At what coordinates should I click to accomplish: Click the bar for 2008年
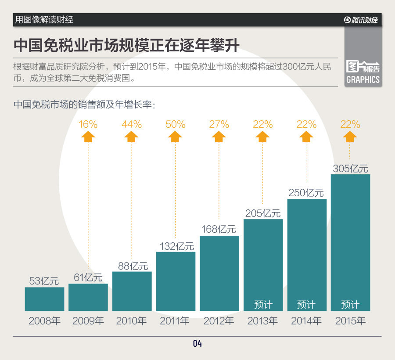point(44,299)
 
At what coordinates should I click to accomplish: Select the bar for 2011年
point(176,281)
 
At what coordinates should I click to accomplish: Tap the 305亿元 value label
point(350,169)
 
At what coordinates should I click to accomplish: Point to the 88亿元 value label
point(132,266)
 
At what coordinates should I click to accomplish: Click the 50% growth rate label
point(176,124)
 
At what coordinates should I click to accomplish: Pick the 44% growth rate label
point(132,124)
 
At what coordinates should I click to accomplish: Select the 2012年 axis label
point(219,321)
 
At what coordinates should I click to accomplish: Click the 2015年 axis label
point(350,321)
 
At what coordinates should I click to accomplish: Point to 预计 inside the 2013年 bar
point(263,304)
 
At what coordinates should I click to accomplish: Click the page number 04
point(197,344)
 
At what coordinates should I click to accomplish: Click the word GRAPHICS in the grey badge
point(363,80)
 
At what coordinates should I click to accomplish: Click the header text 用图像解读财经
point(44,20)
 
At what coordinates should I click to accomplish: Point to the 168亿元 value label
point(219,229)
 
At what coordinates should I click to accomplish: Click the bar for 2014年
point(307,255)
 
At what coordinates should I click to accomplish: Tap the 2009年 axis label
point(88,321)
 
